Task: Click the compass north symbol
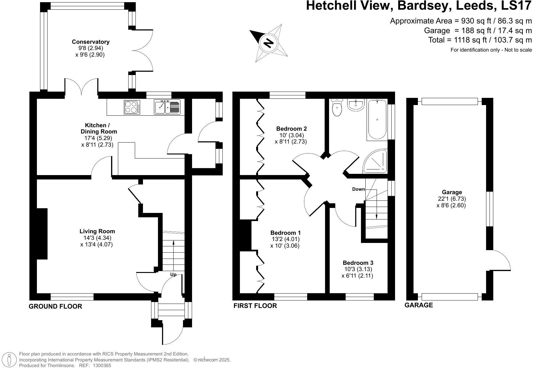pos(268,43)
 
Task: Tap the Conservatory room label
pos(90,42)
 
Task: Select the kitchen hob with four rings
pos(132,107)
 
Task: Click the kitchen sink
pos(167,107)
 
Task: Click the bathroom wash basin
pos(356,105)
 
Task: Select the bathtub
pos(377,120)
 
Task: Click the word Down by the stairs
pos(358,189)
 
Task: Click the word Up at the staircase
pos(173,275)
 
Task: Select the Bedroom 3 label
pos(358,263)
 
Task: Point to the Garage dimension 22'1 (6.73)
pos(452,199)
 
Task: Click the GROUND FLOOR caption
pos(55,306)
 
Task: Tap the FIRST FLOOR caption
pos(255,306)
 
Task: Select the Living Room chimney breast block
pos(42,234)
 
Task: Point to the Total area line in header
pos(480,40)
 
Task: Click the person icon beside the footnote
pos(10,360)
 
